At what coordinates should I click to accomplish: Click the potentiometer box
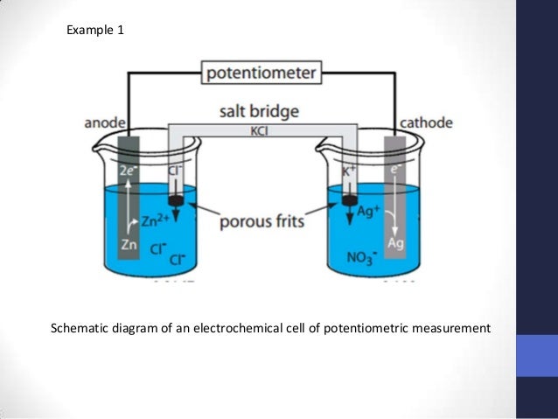pos(261,73)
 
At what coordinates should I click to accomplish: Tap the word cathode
pos(426,122)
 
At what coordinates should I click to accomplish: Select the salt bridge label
pos(260,112)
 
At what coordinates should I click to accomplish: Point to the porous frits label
pos(261,220)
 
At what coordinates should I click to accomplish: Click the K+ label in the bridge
pos(347,171)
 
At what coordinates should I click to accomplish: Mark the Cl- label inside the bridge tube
pos(174,171)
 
